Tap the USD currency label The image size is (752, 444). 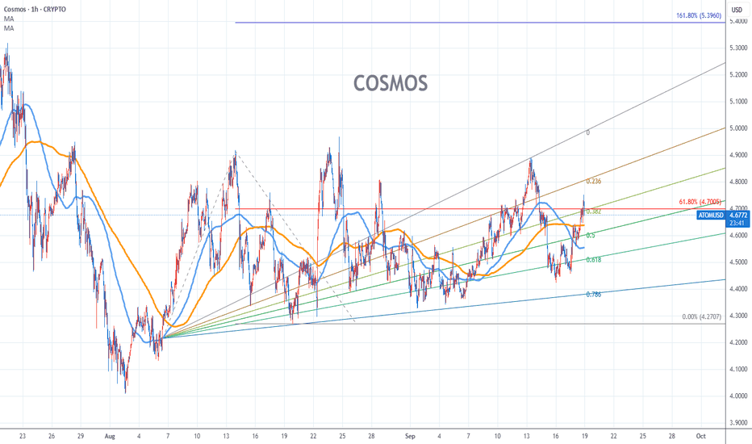point(737,9)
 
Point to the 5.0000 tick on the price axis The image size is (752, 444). point(737,128)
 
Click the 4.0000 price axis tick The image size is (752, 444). point(737,396)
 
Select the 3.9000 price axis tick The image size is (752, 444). point(737,422)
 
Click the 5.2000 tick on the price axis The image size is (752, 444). point(737,75)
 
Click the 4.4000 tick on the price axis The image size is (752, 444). point(737,288)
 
